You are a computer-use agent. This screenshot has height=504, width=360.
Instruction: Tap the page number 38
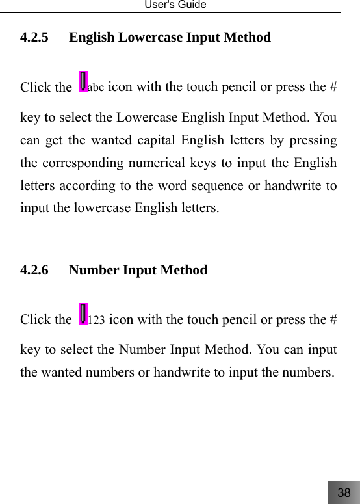(x=344, y=492)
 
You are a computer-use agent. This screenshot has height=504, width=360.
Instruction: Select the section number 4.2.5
(x=34, y=38)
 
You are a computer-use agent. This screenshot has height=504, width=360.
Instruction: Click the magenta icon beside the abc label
(x=83, y=82)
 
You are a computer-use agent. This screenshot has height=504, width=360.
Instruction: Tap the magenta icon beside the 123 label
(x=83, y=314)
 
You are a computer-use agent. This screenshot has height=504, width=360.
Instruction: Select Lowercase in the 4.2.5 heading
(x=151, y=38)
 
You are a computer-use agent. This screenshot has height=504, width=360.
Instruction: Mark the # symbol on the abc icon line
(x=332, y=87)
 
